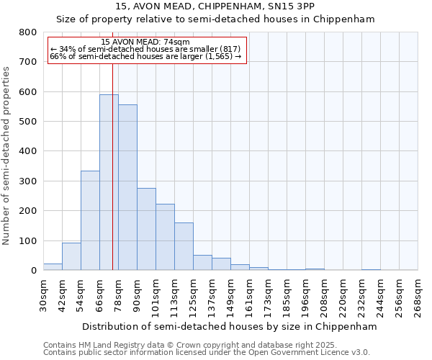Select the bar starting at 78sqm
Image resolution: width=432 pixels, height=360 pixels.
127,187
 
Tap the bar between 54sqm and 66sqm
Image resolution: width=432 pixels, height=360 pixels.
90,220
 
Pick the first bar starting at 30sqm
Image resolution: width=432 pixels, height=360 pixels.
53,266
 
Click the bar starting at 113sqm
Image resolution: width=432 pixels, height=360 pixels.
184,246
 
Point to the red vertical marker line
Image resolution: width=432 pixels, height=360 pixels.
112,166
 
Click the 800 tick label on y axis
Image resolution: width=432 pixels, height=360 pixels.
28,32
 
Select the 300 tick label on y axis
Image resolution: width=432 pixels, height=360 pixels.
28,181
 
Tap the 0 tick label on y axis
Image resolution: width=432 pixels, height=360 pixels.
33,271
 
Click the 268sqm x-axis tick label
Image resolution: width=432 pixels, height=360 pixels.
418,296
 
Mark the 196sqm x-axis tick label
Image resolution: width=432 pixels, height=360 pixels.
305,296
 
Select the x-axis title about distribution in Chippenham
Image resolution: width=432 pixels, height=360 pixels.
230,326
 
